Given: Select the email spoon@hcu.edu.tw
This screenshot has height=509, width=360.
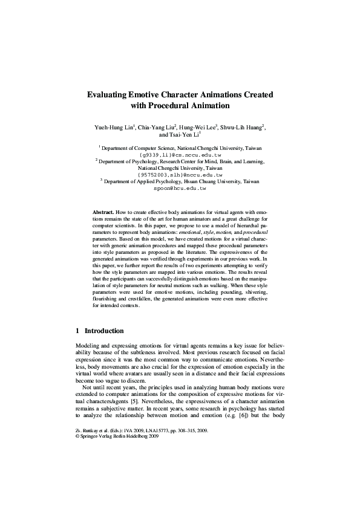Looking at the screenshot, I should (180, 188).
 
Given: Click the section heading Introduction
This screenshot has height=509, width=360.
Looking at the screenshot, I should (104, 331).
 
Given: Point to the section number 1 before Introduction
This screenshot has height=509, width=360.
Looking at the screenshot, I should (77, 331).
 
